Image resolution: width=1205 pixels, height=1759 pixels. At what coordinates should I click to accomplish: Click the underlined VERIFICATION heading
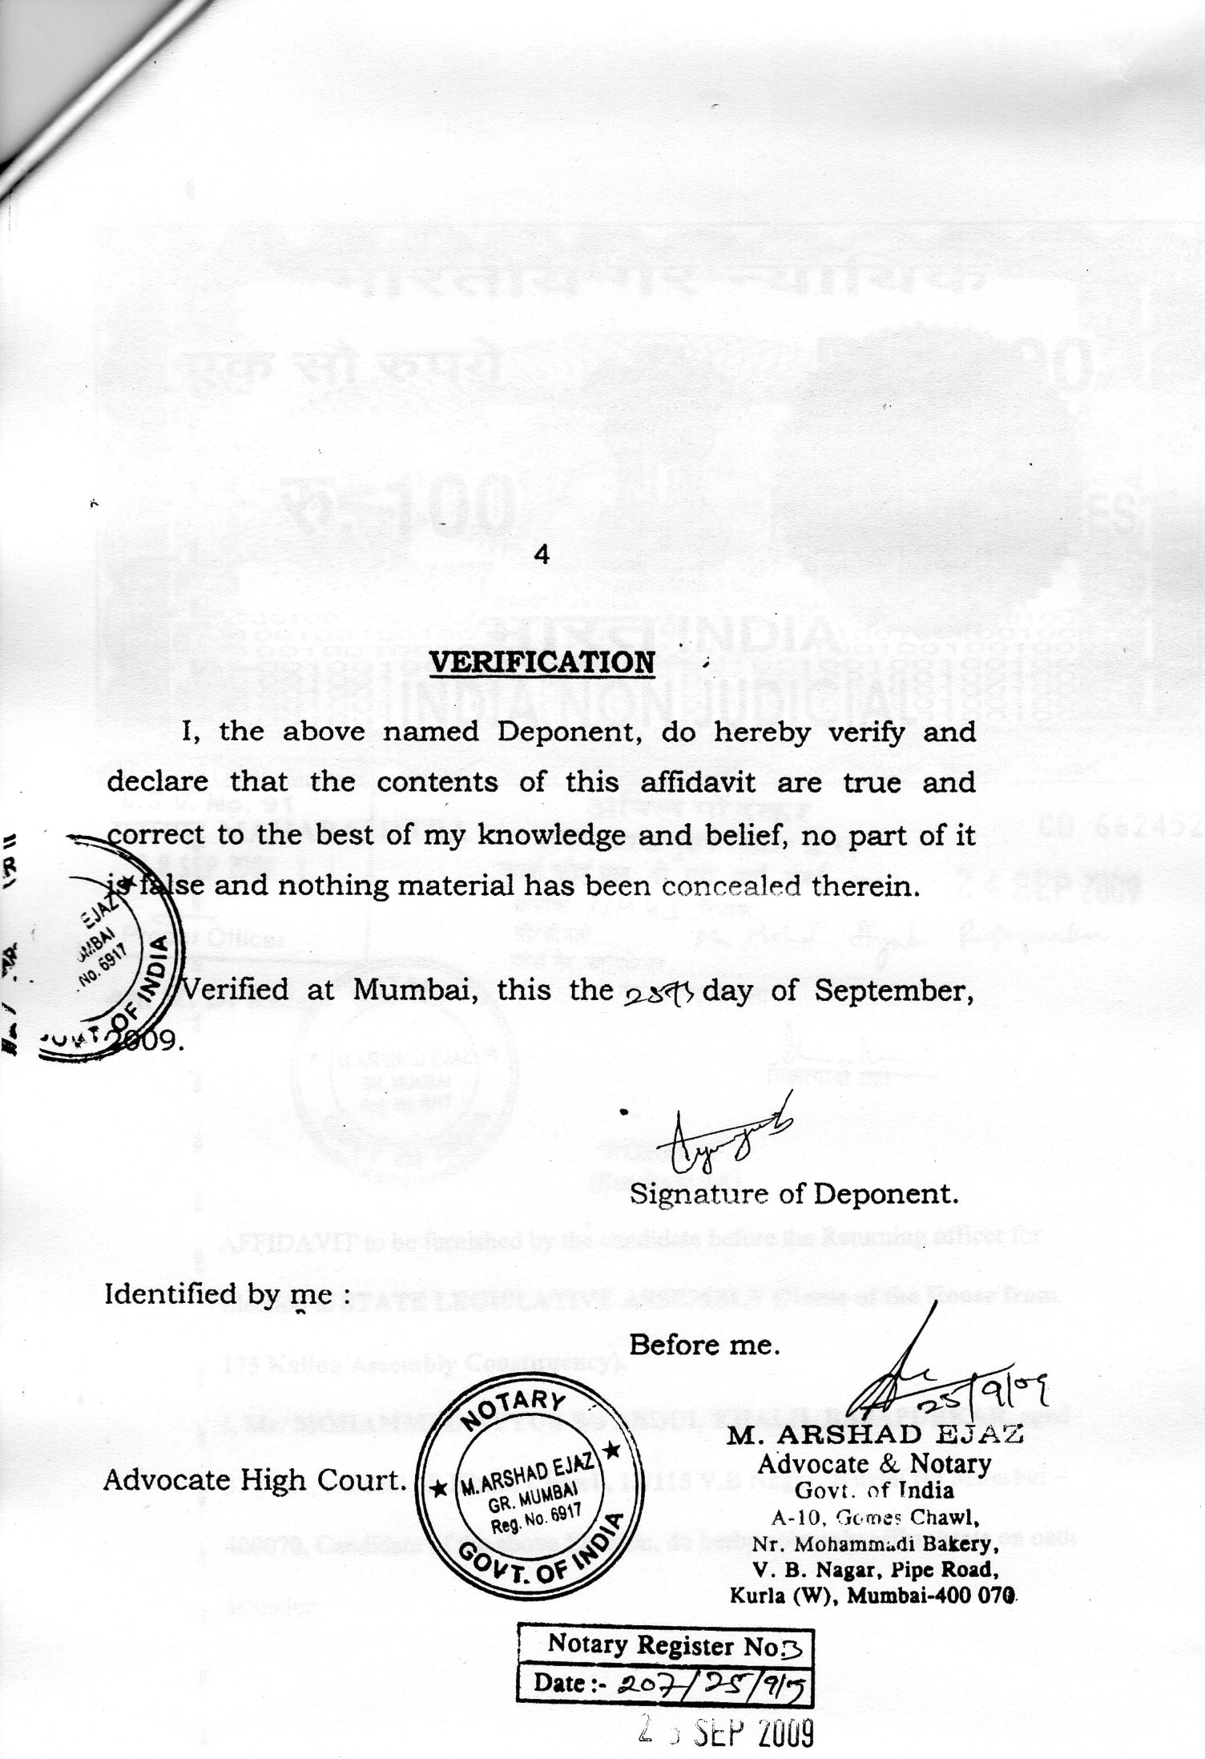543,663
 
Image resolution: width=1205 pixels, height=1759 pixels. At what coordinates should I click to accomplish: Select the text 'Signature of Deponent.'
794,1195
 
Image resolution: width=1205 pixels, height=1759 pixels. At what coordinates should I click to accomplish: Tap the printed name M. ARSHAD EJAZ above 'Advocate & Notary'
874,1436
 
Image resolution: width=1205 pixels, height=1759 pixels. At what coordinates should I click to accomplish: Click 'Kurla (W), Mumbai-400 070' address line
874,1595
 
